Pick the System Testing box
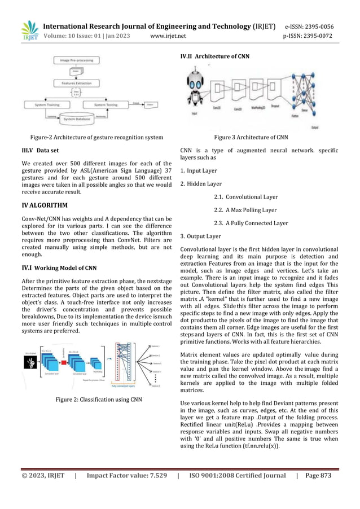(x=106, y=104)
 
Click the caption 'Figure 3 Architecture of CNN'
(x=250, y=137)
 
